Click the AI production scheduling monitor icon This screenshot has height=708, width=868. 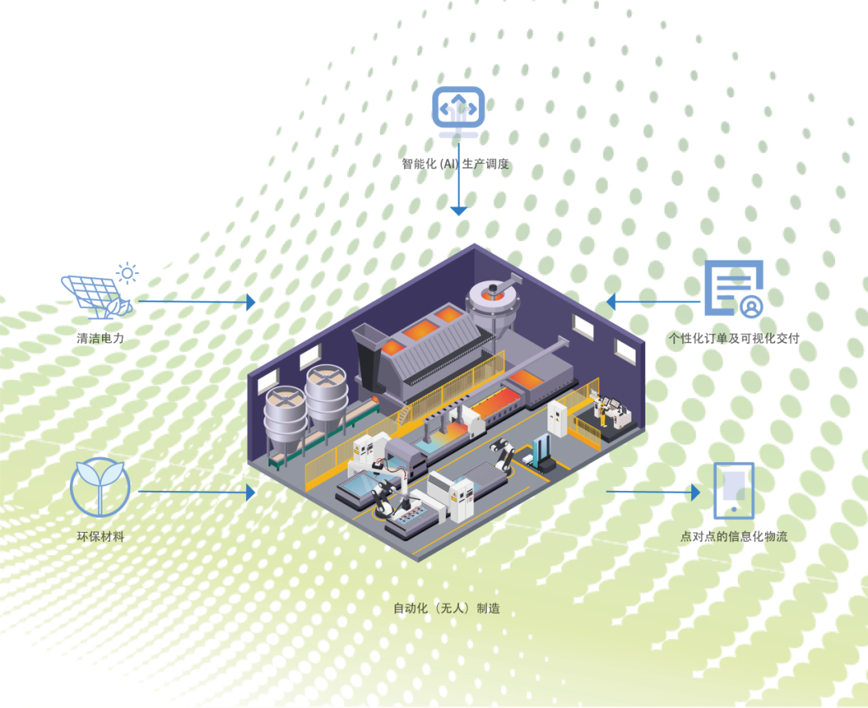point(458,109)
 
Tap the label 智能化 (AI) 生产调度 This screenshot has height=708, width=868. point(456,164)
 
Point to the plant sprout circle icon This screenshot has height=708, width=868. point(100,487)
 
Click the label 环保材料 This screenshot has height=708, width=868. point(100,536)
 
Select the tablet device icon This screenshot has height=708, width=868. point(734,490)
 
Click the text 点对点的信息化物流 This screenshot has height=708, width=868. point(734,536)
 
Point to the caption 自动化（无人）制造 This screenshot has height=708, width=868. point(446,608)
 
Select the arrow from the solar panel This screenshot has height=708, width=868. point(197,301)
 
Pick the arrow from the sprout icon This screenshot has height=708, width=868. point(197,491)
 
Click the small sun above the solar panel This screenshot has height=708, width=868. point(127,273)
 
